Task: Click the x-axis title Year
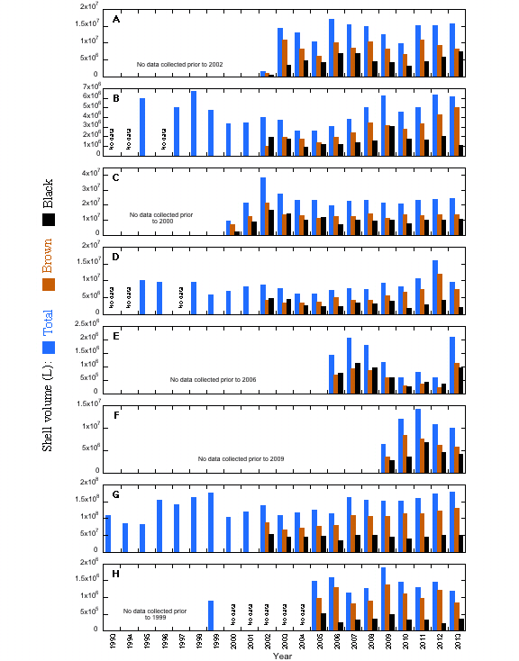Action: pos(284,656)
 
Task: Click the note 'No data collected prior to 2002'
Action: pos(179,64)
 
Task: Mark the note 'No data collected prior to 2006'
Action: pos(214,379)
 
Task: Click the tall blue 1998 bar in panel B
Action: pos(194,123)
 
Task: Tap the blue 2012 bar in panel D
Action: pos(436,287)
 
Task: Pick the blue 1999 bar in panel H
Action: pos(211,616)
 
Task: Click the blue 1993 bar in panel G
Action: pos(108,534)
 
